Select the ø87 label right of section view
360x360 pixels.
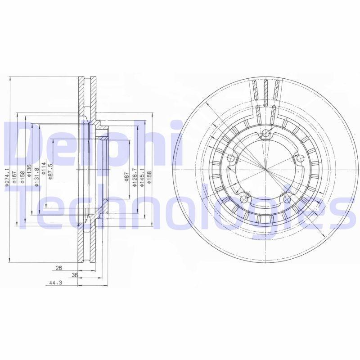[127, 175]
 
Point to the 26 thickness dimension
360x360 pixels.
[58, 268]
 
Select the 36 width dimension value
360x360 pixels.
[75, 275]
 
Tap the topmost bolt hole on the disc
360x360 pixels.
[266, 133]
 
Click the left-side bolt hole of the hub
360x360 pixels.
[231, 158]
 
